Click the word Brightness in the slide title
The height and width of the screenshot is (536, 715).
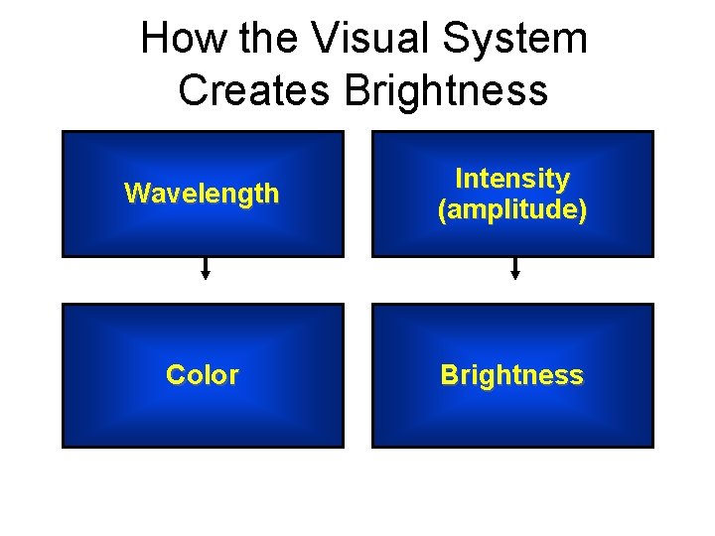point(447,89)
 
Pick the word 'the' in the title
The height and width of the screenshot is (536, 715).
point(263,40)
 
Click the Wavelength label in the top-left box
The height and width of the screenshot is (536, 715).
point(202,193)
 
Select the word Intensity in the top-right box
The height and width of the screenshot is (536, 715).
point(512,179)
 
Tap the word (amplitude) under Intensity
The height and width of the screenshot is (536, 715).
point(512,209)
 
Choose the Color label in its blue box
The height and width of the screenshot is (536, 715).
point(203,375)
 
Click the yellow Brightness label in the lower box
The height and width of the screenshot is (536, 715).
point(512,375)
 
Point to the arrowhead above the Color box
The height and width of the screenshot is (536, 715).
point(206,276)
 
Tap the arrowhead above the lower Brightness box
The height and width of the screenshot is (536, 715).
point(514,276)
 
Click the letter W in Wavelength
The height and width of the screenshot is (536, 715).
point(134,193)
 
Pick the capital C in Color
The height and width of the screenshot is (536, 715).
point(175,375)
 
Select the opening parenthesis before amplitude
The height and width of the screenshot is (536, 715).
point(442,210)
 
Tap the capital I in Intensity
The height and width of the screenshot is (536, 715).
point(459,179)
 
